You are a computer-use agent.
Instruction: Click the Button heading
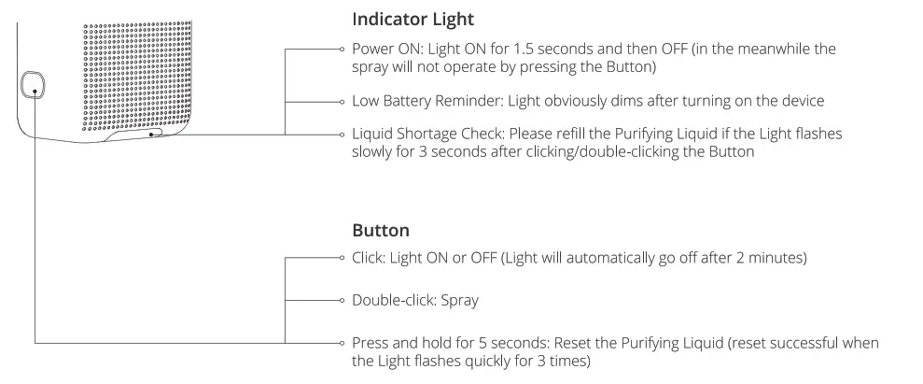(381, 230)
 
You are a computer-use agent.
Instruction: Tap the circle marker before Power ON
(343, 50)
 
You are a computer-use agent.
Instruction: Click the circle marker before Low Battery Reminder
(343, 101)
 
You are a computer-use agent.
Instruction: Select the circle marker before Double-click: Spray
(343, 302)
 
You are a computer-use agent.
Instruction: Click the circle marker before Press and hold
(343, 344)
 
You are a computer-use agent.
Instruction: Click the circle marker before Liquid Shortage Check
(343, 135)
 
